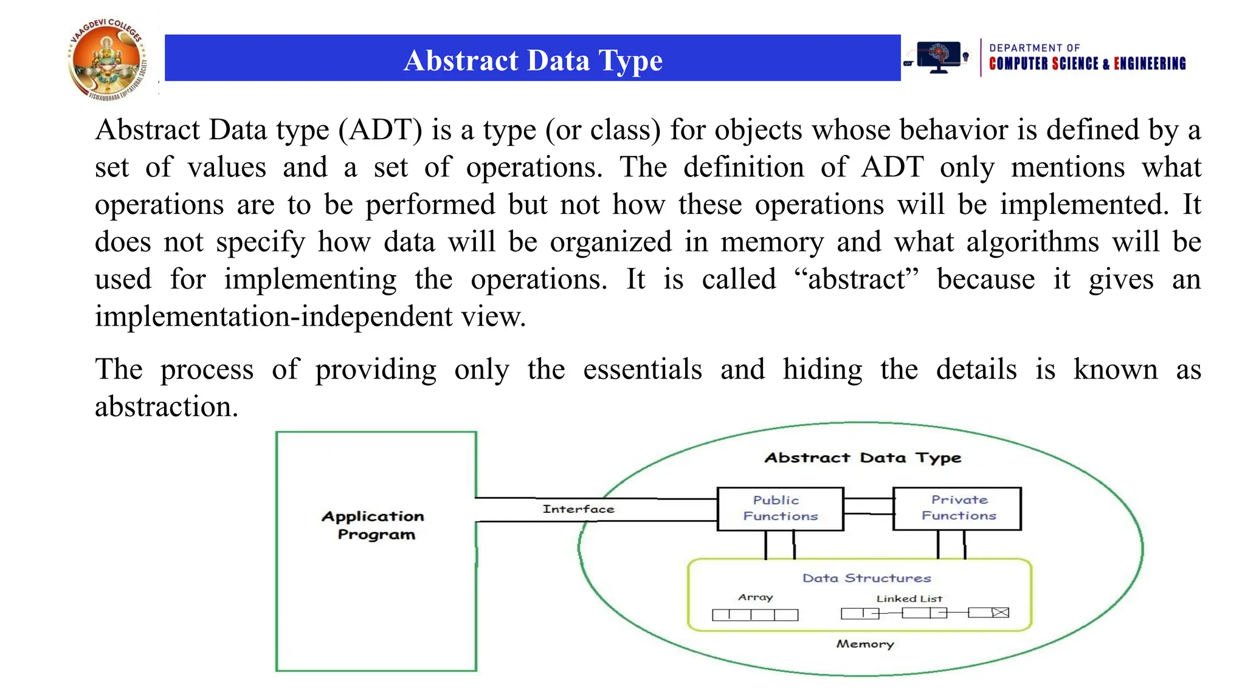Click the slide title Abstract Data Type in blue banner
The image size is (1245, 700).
[x=533, y=60]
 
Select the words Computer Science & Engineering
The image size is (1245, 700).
[x=1087, y=64]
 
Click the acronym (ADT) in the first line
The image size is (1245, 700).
[x=380, y=130]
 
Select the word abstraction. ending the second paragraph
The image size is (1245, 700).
[x=166, y=407]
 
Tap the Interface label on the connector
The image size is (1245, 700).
[x=578, y=509]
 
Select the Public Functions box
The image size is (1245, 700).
[x=780, y=509]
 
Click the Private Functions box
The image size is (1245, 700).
[x=957, y=508]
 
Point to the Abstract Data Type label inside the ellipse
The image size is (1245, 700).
[x=862, y=458]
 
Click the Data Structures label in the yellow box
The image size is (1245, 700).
[x=866, y=578]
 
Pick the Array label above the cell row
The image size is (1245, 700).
[x=755, y=597]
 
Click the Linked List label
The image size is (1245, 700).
[x=909, y=599]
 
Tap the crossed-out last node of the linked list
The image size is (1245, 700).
[x=1000, y=612]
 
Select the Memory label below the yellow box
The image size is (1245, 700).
[x=864, y=643]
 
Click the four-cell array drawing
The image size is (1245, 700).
[x=754, y=615]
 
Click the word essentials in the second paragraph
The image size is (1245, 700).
[x=642, y=369]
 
